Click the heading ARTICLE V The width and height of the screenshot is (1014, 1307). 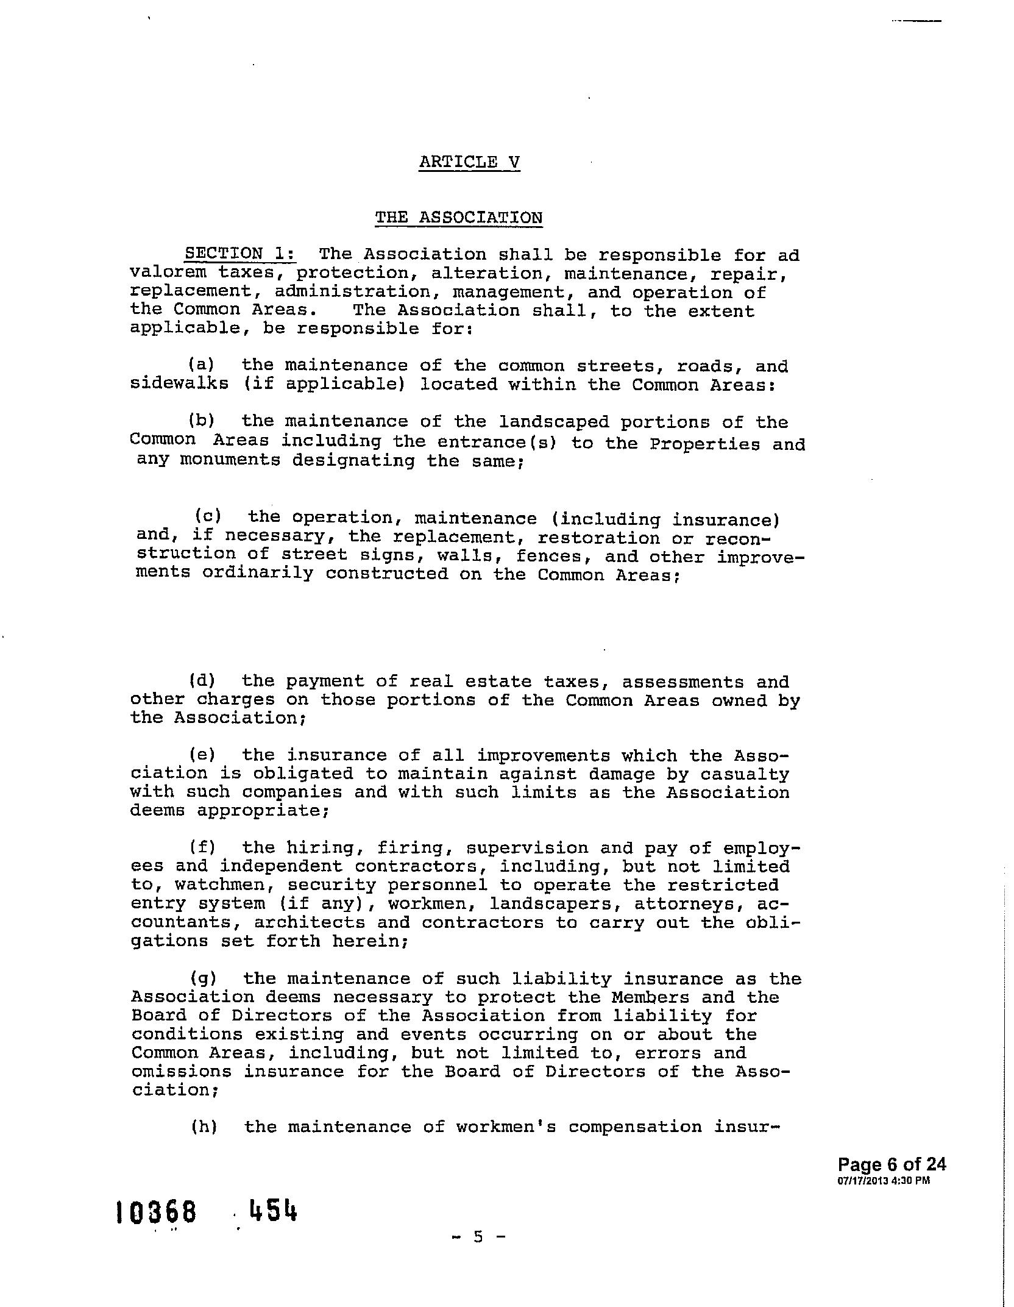pyautogui.click(x=469, y=162)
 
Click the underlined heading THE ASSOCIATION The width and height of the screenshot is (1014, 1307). pyautogui.click(x=458, y=218)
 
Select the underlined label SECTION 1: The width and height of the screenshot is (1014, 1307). pyautogui.click(x=241, y=254)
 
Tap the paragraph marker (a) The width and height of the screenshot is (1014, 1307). pyautogui.click(x=202, y=365)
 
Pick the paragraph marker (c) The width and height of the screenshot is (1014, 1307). pyautogui.click(x=207, y=516)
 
